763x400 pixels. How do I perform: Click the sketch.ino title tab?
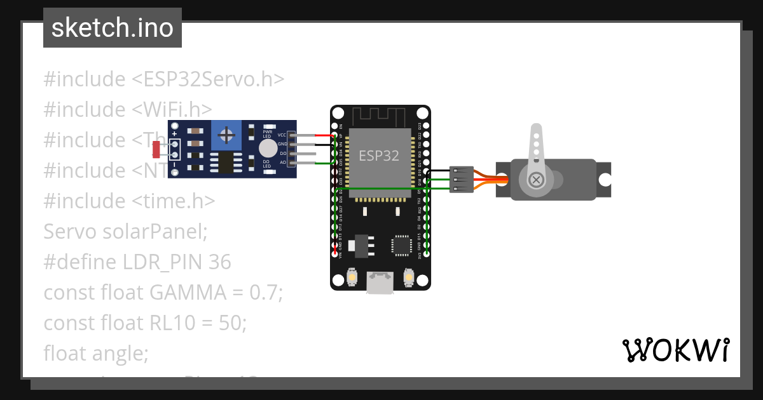(x=113, y=28)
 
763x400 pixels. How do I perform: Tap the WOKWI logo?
(x=675, y=350)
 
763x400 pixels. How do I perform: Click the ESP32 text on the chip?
(x=379, y=156)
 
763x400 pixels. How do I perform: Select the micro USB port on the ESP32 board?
(x=380, y=283)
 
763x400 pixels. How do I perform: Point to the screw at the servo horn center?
(x=537, y=180)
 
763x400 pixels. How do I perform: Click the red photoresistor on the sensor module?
(x=156, y=150)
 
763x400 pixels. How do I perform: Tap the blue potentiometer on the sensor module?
(x=226, y=135)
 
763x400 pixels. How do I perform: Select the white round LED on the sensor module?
(x=268, y=149)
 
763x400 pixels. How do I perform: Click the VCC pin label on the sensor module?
(x=282, y=135)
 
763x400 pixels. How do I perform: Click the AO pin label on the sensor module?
(x=282, y=163)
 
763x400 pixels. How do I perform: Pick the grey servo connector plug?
(x=461, y=179)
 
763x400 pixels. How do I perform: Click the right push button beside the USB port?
(x=409, y=277)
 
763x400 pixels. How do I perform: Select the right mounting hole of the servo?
(x=605, y=180)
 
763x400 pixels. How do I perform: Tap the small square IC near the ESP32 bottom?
(x=401, y=245)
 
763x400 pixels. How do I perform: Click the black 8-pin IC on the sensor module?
(x=226, y=163)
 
